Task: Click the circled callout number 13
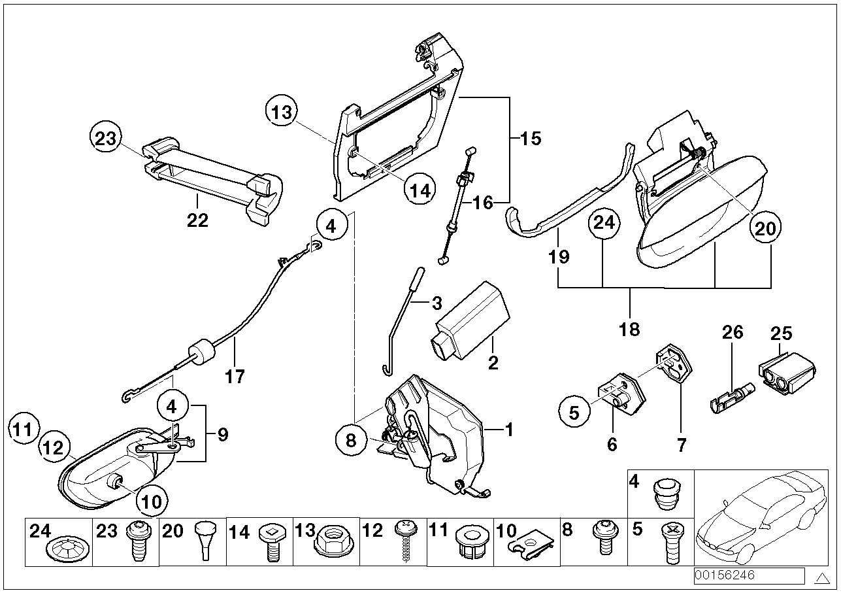[281, 112]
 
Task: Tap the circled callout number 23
[105, 139]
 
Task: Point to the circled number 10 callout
[152, 501]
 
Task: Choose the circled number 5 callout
[574, 413]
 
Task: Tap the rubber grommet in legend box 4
[665, 494]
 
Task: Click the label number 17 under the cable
[235, 377]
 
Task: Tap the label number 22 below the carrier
[197, 220]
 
